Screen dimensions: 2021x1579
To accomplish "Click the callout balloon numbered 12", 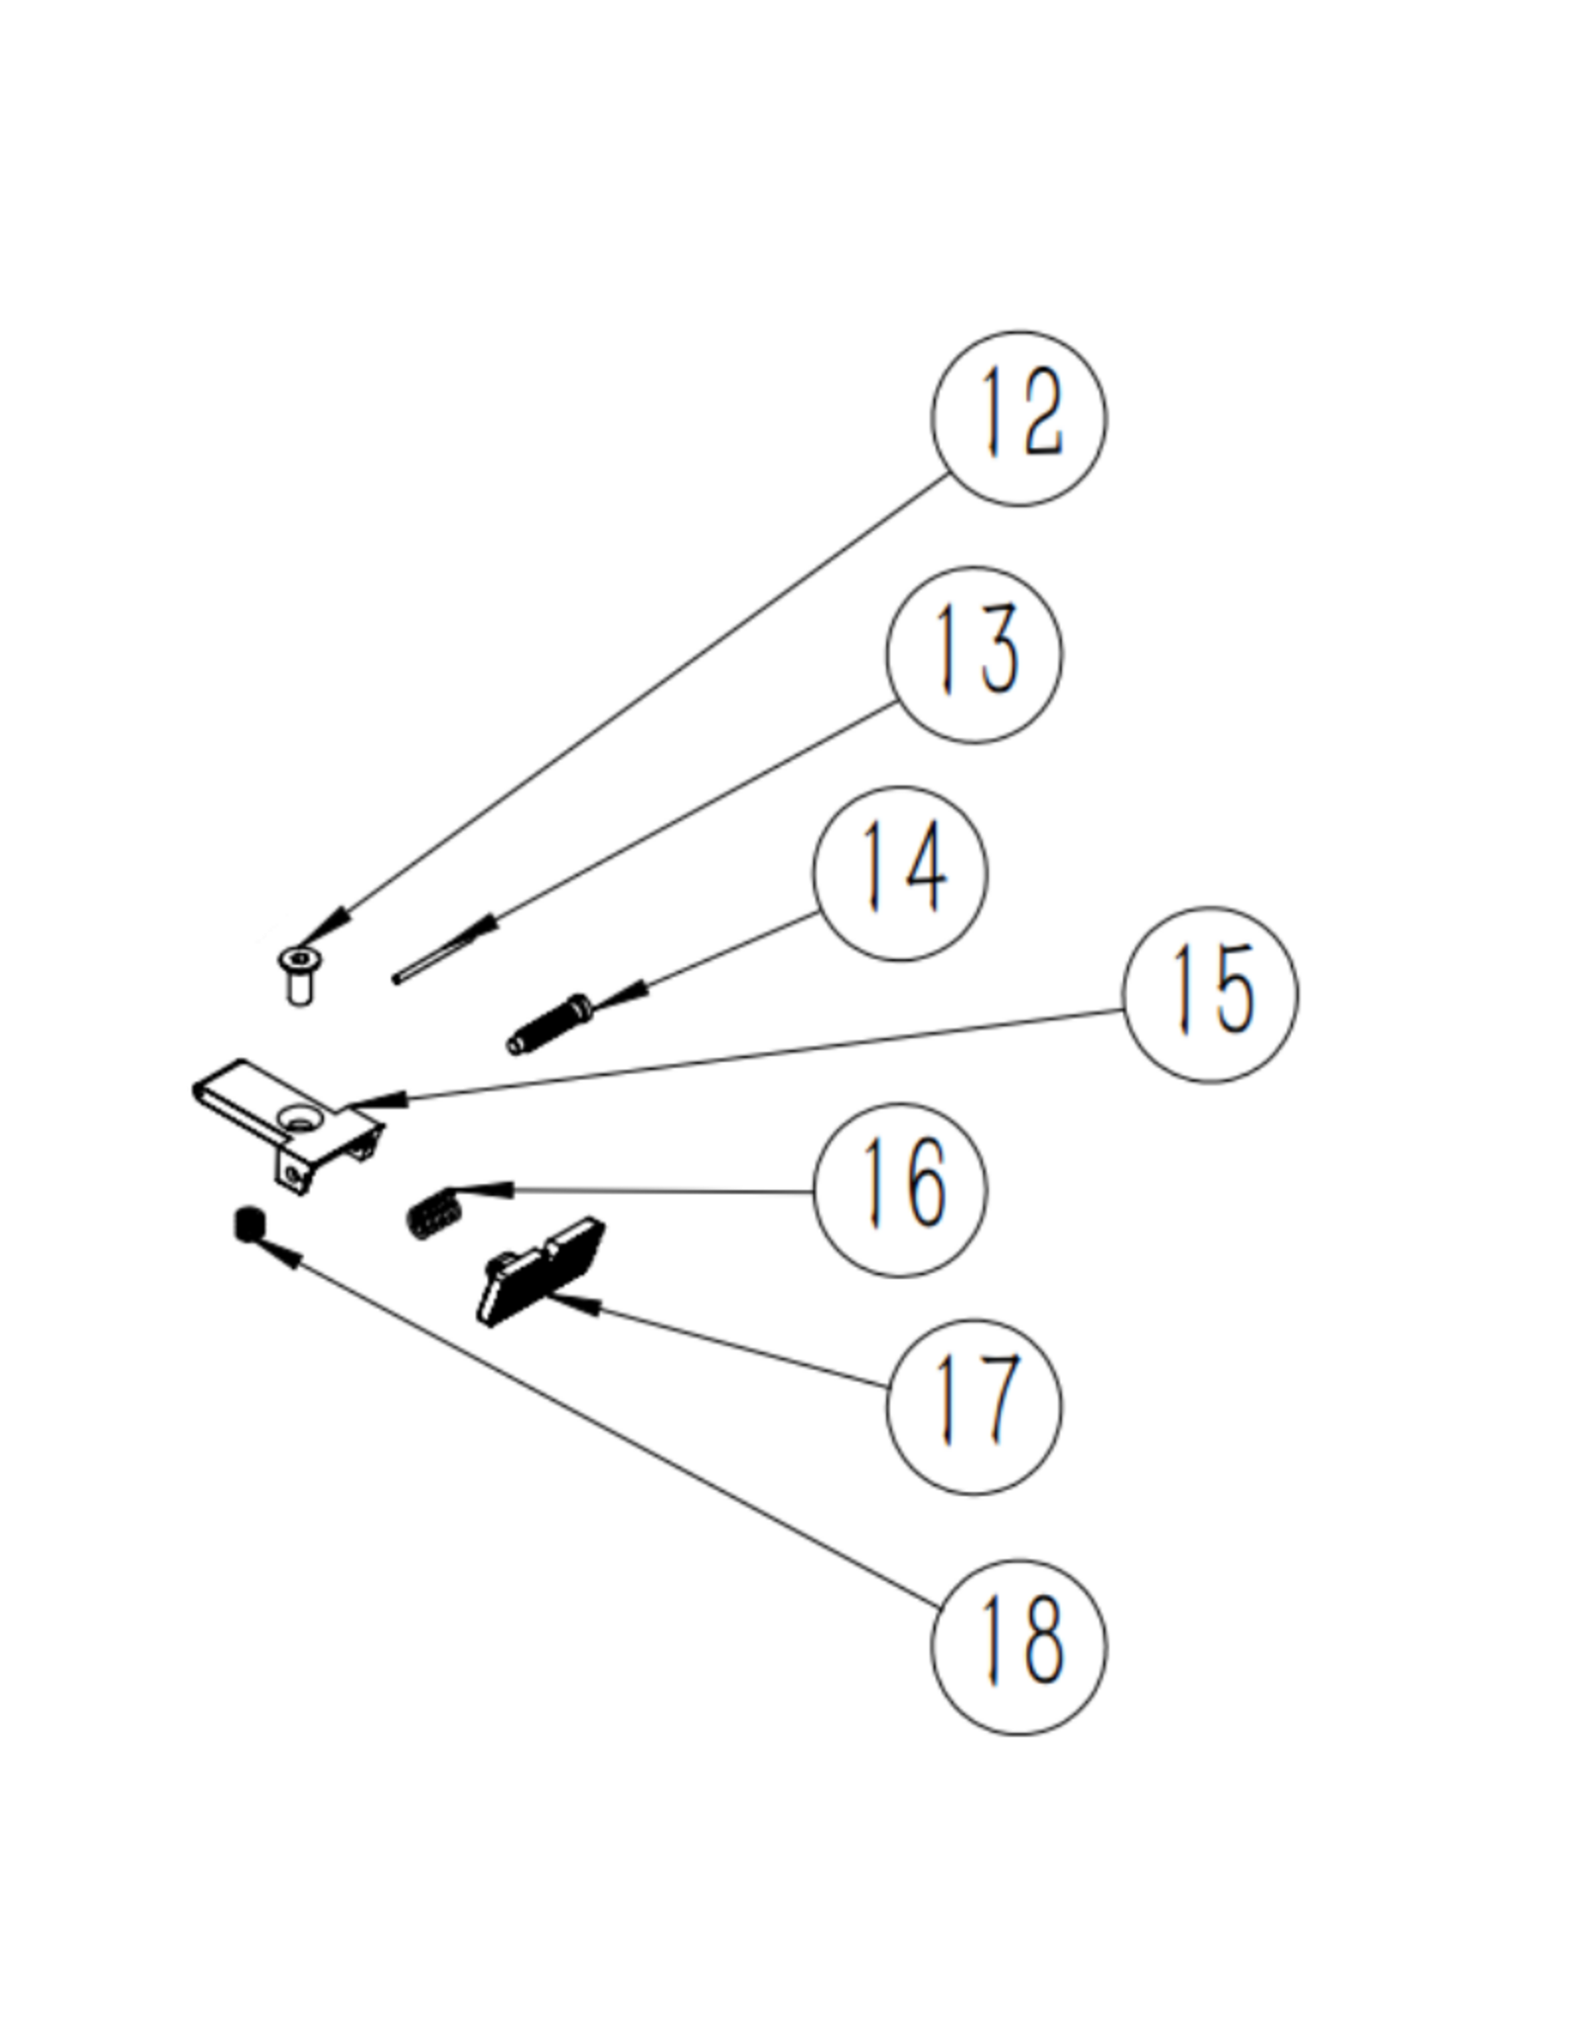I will (x=1018, y=418).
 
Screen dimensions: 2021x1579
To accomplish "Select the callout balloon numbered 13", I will (x=974, y=654).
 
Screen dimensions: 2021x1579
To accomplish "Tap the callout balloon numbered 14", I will (x=900, y=873).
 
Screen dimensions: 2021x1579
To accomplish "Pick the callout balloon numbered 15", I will (x=1210, y=995).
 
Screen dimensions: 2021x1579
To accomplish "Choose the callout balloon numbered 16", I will (x=900, y=1189).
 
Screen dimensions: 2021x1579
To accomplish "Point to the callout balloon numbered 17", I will (x=974, y=1406).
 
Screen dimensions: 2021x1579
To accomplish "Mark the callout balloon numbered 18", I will (x=1018, y=1647).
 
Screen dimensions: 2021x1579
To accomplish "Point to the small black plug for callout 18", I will (x=248, y=1225).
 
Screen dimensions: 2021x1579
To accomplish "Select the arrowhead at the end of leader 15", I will (x=370, y=1100).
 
